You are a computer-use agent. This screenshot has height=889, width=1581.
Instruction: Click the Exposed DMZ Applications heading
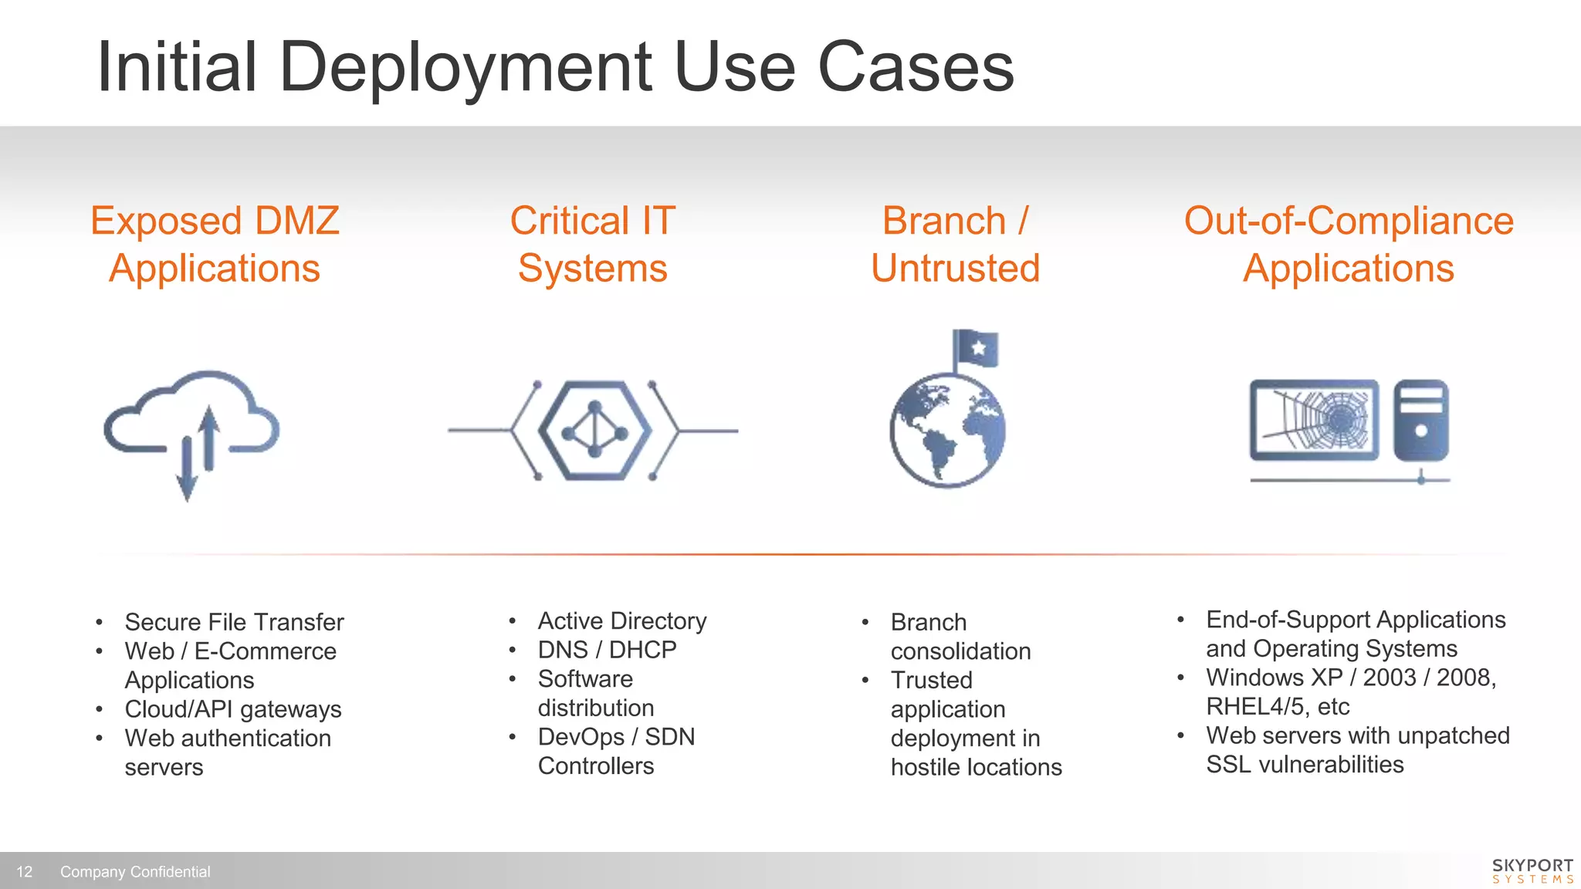215,244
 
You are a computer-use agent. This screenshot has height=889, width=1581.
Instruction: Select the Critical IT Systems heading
592,244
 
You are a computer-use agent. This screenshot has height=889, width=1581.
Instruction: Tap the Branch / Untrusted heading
955,244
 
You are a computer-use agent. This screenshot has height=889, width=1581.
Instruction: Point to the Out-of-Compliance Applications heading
1349,244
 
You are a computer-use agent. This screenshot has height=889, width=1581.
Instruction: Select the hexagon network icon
593,431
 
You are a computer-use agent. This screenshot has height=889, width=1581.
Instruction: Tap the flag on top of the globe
976,349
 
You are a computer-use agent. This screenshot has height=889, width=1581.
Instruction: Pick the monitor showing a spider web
1314,420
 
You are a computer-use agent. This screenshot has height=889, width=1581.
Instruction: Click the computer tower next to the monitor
1420,420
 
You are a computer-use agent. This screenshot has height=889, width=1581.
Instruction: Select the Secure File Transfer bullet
234,622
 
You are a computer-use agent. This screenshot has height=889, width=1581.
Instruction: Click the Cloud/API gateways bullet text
233,709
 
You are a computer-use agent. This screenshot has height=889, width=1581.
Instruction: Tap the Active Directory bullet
622,621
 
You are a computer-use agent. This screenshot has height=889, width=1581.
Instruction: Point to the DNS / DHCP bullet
607,650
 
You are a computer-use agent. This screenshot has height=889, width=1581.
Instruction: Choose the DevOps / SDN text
616,737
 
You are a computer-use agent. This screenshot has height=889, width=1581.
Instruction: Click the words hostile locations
976,767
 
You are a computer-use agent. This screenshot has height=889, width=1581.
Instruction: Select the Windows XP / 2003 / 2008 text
1351,678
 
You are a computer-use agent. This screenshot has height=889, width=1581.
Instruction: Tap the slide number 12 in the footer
25,871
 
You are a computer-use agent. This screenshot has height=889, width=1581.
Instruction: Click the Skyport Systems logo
1532,870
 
